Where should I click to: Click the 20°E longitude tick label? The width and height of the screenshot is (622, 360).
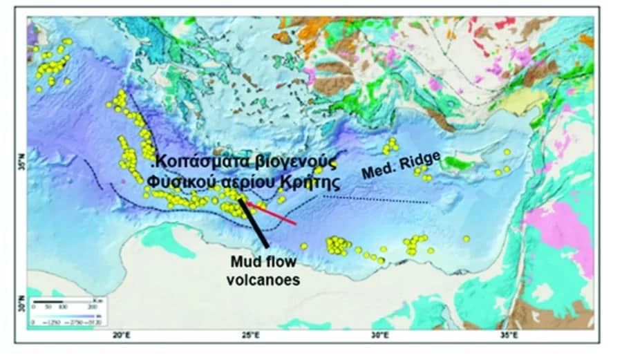pos(122,337)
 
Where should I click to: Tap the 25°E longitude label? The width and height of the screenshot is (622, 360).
pos(250,337)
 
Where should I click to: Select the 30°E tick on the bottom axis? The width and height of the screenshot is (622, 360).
pos(379,337)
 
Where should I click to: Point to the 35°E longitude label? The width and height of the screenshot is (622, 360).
pos(508,337)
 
